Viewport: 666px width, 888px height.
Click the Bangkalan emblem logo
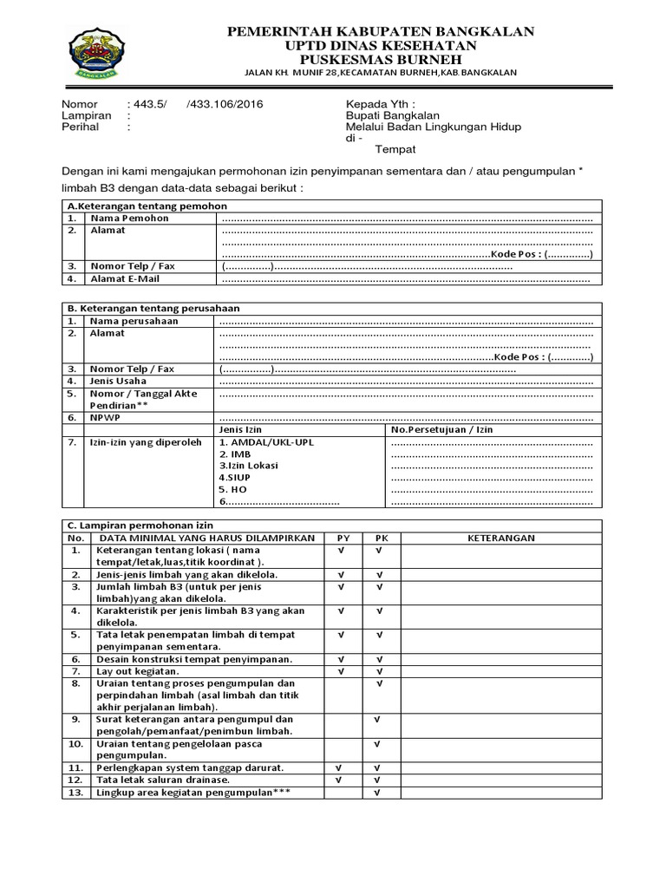coord(97,53)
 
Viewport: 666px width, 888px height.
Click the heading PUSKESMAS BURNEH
coord(381,58)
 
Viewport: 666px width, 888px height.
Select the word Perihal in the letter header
coord(80,127)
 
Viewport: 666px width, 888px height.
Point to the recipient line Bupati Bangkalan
coord(392,115)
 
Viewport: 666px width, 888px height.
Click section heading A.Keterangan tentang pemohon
coord(147,206)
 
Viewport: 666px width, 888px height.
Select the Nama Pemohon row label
coord(129,219)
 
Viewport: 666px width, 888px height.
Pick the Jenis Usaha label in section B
coord(118,381)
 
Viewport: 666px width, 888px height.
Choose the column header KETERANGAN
coord(501,538)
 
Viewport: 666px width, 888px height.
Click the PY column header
coord(343,538)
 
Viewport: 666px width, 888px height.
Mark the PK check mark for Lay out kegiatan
coord(378,671)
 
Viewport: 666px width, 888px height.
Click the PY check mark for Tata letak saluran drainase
coord(340,780)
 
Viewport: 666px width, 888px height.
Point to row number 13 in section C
coord(75,793)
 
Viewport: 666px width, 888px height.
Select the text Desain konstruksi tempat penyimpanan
coord(194,659)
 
